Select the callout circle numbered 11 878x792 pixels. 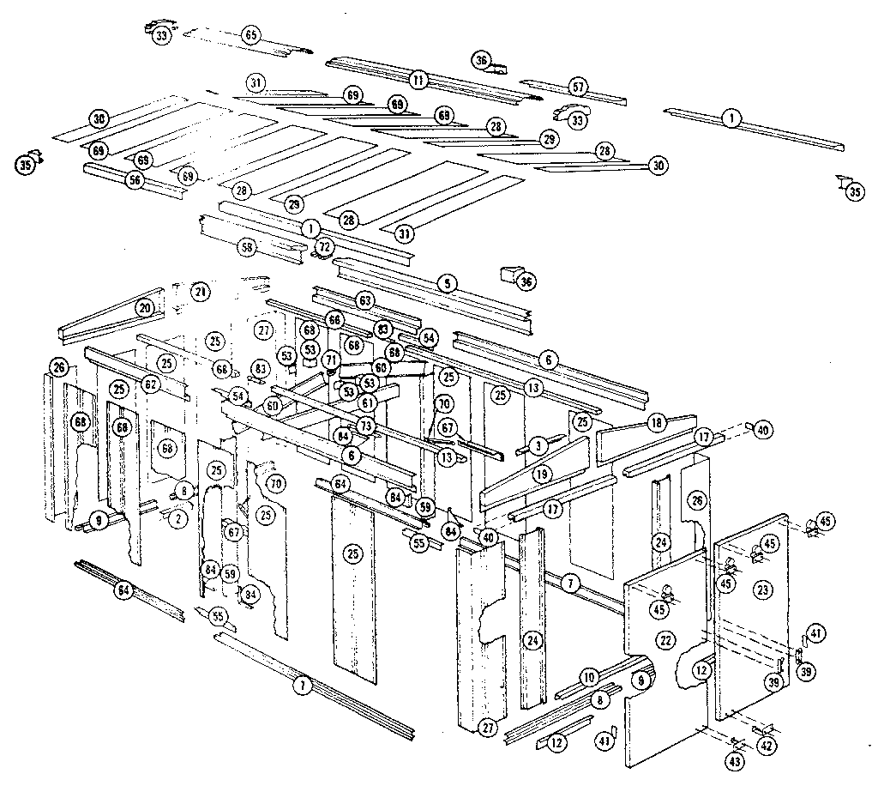[418, 80]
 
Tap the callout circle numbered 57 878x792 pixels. [578, 87]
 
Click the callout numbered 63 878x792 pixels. [366, 300]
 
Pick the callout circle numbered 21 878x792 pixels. [200, 292]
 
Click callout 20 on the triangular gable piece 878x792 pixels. [144, 307]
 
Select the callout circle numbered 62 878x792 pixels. [152, 385]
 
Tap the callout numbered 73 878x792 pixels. [366, 426]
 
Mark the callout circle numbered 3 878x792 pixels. [538, 445]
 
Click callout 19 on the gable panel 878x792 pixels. [542, 473]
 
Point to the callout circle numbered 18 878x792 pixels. [657, 423]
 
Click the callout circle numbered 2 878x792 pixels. [177, 518]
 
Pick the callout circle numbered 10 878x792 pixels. [589, 677]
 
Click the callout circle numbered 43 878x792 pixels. [736, 760]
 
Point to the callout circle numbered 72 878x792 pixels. [323, 247]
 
